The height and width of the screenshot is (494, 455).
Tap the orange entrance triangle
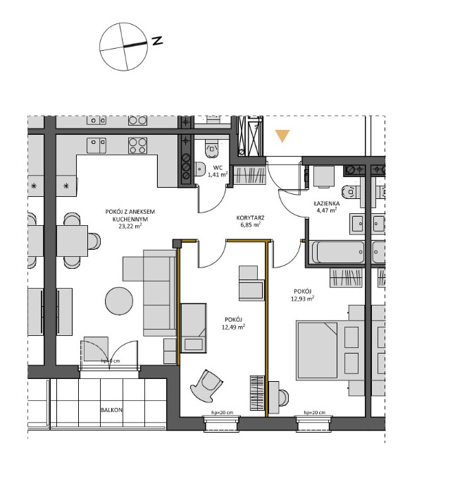282,135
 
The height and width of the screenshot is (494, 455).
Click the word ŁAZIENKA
326,203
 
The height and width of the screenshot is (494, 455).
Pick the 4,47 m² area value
326,210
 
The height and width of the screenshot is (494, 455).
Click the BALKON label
112,409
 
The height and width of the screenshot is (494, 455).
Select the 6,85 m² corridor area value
249,225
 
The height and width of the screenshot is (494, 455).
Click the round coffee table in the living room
120,303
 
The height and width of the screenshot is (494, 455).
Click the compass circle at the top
124,47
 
